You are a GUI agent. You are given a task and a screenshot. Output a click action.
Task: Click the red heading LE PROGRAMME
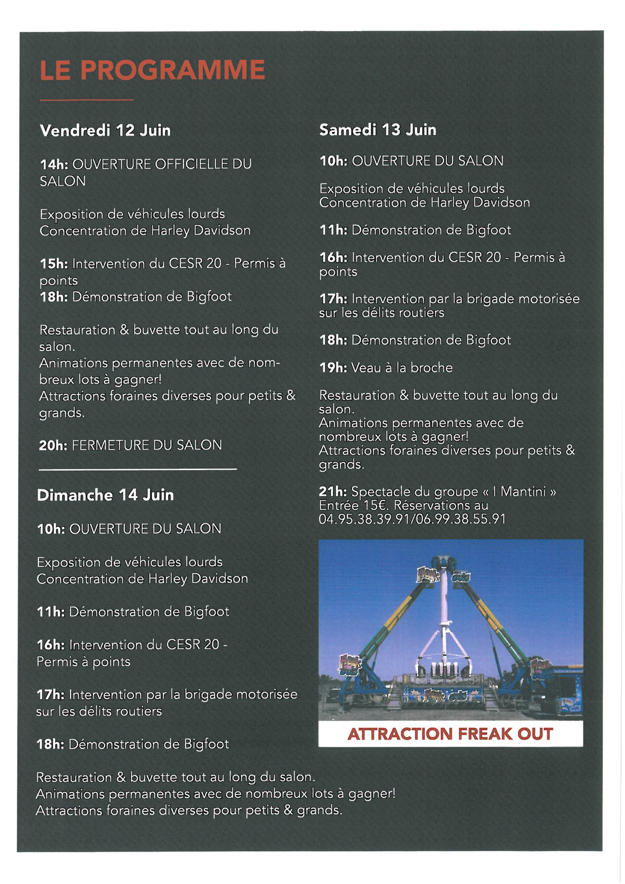(x=152, y=70)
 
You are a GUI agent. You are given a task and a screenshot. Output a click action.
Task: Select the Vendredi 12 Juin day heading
(x=105, y=130)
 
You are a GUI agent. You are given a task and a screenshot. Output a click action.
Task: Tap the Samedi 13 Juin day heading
(x=377, y=130)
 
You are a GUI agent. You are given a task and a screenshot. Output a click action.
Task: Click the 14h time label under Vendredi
(x=54, y=164)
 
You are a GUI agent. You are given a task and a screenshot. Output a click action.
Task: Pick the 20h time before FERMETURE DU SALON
(x=53, y=445)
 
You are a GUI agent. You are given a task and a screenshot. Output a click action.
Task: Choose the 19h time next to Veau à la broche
(x=333, y=368)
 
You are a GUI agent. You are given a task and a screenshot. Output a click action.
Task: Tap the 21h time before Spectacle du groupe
(x=333, y=492)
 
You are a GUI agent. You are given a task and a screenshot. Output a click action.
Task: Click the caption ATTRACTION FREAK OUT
(x=450, y=734)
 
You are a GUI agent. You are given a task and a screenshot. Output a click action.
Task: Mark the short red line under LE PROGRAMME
(x=87, y=100)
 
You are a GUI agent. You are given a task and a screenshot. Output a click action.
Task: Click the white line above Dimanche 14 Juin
(x=138, y=469)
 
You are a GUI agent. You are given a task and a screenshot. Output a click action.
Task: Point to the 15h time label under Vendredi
(x=54, y=264)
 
